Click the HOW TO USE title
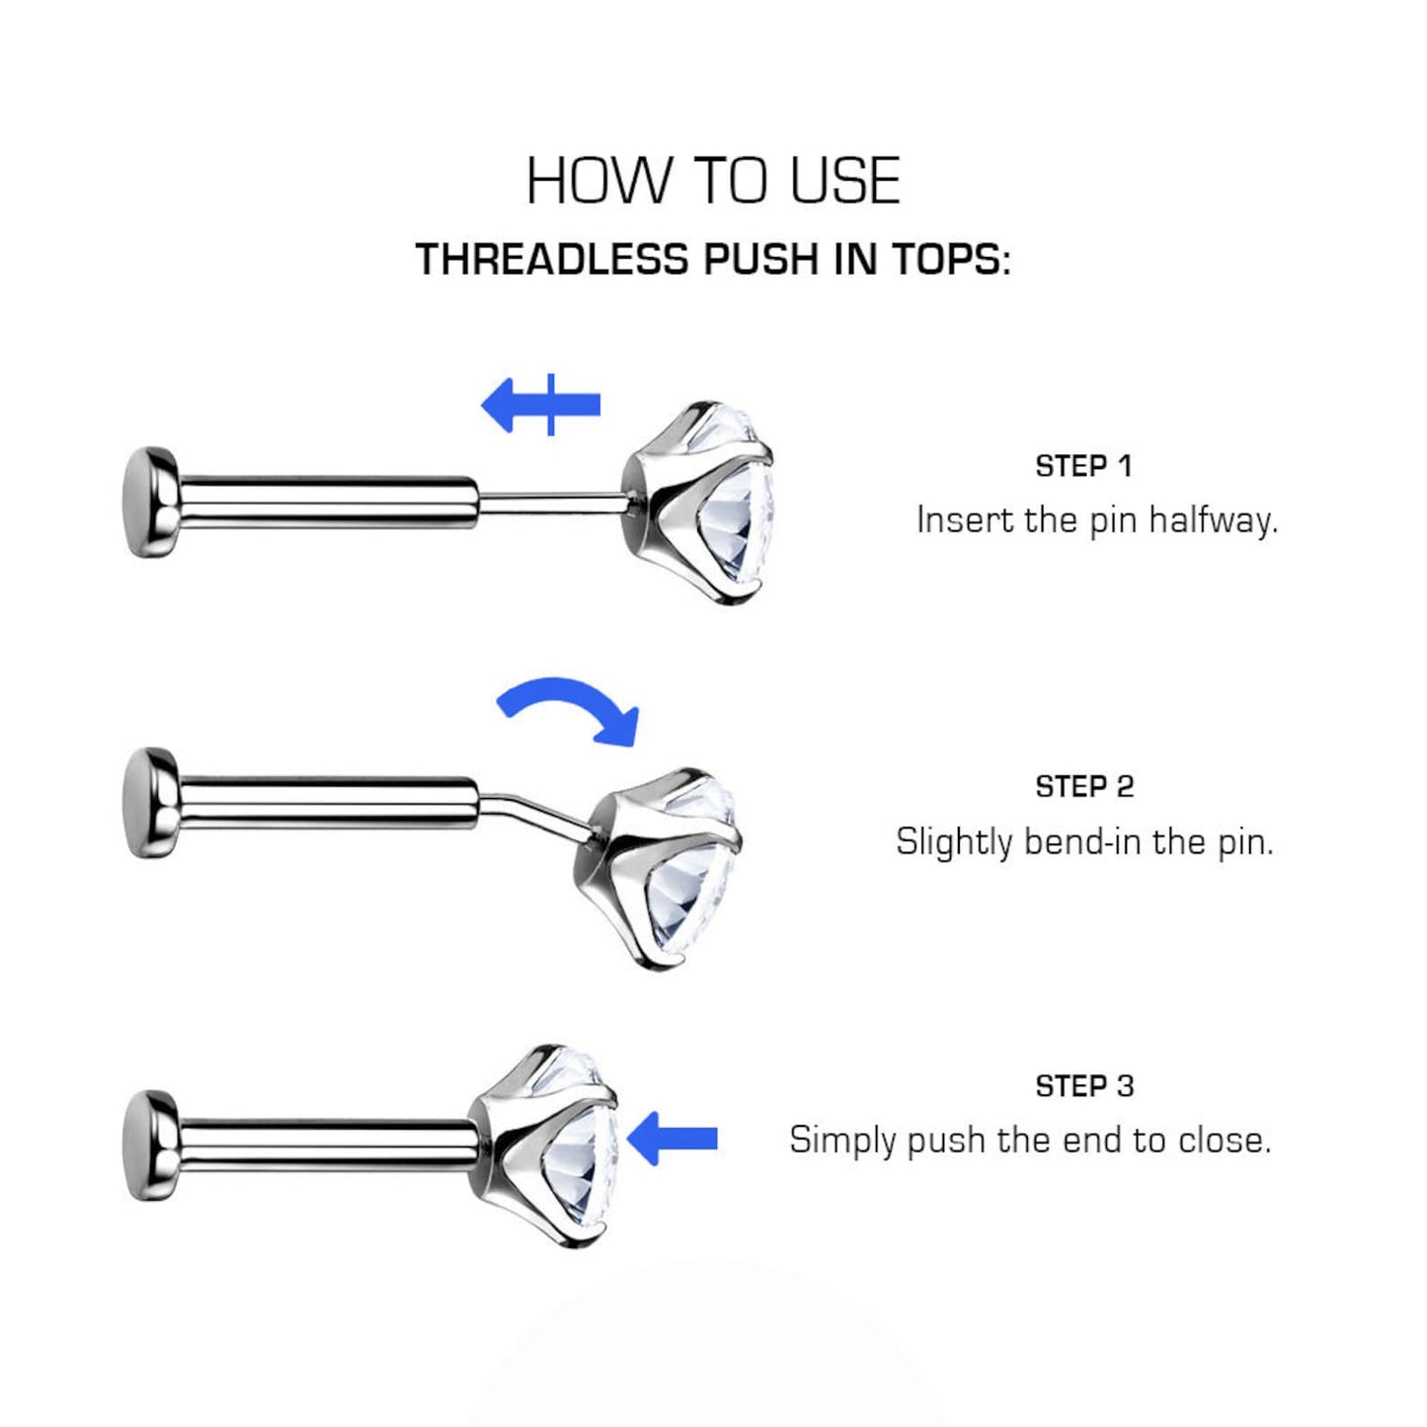pyautogui.click(x=712, y=181)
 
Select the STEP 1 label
pyautogui.click(x=1083, y=466)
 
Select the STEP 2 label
pyautogui.click(x=1083, y=787)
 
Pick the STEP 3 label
pyautogui.click(x=1083, y=1086)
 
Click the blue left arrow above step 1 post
pyautogui.click(x=540, y=405)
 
